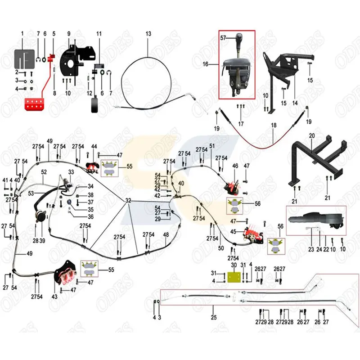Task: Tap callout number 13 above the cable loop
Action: click(x=148, y=34)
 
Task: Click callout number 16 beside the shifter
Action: click(x=206, y=64)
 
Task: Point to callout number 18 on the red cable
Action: click(x=273, y=126)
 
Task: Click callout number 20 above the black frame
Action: click(x=312, y=135)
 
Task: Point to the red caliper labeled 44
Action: click(x=93, y=166)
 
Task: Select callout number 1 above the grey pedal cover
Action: click(x=22, y=34)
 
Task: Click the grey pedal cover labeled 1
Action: click(x=25, y=58)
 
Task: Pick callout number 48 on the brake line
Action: click(x=166, y=234)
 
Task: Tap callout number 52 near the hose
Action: click(x=44, y=172)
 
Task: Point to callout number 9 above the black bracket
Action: click(x=69, y=34)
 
